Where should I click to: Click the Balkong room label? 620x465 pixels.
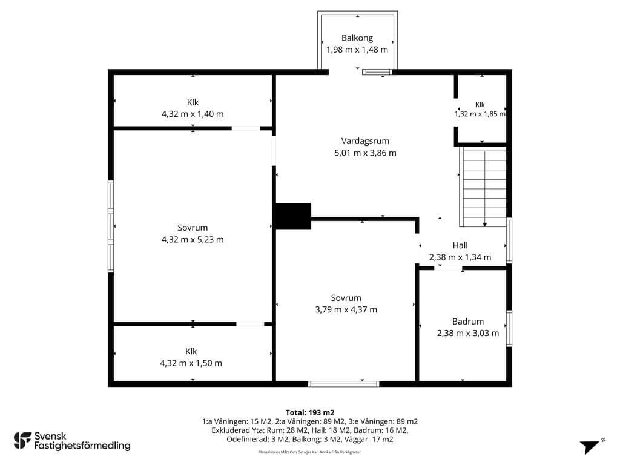(357, 38)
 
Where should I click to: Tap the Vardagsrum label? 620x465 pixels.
(365, 141)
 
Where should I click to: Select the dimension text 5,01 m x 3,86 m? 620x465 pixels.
(365, 153)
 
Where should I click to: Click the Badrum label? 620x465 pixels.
(468, 322)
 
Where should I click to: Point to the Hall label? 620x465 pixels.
(460, 246)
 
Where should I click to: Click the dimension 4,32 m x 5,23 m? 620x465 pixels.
(193, 240)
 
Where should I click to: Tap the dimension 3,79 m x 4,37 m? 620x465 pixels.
(346, 310)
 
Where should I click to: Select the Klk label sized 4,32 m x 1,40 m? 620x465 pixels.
(193, 102)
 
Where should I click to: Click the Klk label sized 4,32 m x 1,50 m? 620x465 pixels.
(191, 352)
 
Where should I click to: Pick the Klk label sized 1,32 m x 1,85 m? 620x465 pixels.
(480, 105)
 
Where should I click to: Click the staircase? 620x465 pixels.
(483, 186)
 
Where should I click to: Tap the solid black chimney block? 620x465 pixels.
(293, 216)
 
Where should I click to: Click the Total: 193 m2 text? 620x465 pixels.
(310, 413)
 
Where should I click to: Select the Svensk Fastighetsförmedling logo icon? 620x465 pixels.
(22, 441)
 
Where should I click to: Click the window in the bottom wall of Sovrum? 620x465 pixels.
(344, 384)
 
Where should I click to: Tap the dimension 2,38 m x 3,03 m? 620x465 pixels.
(468, 334)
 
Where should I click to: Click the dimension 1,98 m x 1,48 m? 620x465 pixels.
(357, 50)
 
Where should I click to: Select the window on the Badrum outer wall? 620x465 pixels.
(509, 329)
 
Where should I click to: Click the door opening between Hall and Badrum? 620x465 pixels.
(448, 268)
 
